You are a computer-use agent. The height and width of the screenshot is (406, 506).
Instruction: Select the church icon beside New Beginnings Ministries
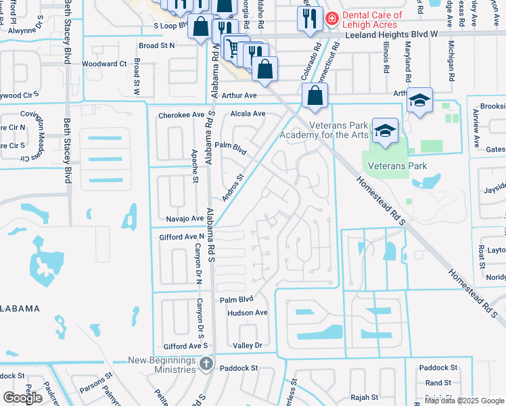tap(206, 364)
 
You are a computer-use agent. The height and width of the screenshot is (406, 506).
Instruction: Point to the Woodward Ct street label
tap(104, 64)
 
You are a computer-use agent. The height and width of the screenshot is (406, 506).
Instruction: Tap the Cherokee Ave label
tap(181, 115)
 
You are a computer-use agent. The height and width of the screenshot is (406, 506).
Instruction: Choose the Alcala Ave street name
tap(248, 114)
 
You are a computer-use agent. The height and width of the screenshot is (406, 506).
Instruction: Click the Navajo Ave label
tap(185, 219)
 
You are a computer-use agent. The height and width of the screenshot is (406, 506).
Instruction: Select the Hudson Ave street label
tap(248, 313)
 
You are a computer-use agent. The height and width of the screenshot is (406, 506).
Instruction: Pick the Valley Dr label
tap(247, 345)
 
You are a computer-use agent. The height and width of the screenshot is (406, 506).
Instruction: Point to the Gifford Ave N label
tap(181, 236)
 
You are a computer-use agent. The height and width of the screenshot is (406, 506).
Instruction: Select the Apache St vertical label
tap(195, 166)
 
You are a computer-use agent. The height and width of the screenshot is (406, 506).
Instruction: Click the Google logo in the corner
tap(22, 398)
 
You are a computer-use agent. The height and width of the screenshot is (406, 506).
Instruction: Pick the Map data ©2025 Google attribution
tap(464, 401)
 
